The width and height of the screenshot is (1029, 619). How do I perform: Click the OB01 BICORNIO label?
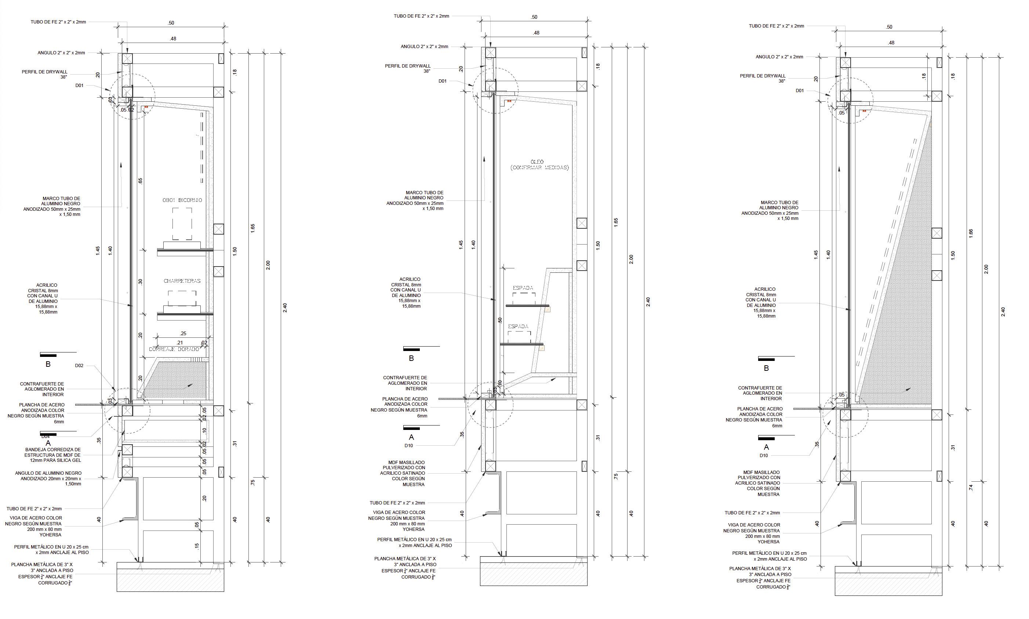coord(182,200)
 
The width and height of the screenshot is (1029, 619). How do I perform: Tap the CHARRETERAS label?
coord(182,281)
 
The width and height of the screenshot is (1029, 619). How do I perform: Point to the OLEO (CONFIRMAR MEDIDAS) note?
coord(539,165)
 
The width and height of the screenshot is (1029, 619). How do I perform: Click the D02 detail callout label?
coord(79,366)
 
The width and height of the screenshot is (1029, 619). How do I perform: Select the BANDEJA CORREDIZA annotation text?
coord(52,455)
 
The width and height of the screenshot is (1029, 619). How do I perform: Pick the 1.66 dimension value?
coord(971,233)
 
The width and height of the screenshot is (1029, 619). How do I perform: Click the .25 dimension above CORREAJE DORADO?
coord(183,333)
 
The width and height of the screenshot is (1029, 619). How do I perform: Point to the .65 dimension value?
coord(141,181)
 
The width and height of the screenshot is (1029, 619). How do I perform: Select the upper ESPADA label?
coord(523,288)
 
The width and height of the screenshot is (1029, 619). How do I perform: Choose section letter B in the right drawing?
coord(766,368)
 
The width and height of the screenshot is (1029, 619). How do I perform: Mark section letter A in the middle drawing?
coord(411,437)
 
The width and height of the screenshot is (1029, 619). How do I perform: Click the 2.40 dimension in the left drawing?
coord(285,308)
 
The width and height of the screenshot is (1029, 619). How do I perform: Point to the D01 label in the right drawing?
coord(800,91)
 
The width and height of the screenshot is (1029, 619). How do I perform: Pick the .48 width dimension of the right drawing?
coord(891,43)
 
